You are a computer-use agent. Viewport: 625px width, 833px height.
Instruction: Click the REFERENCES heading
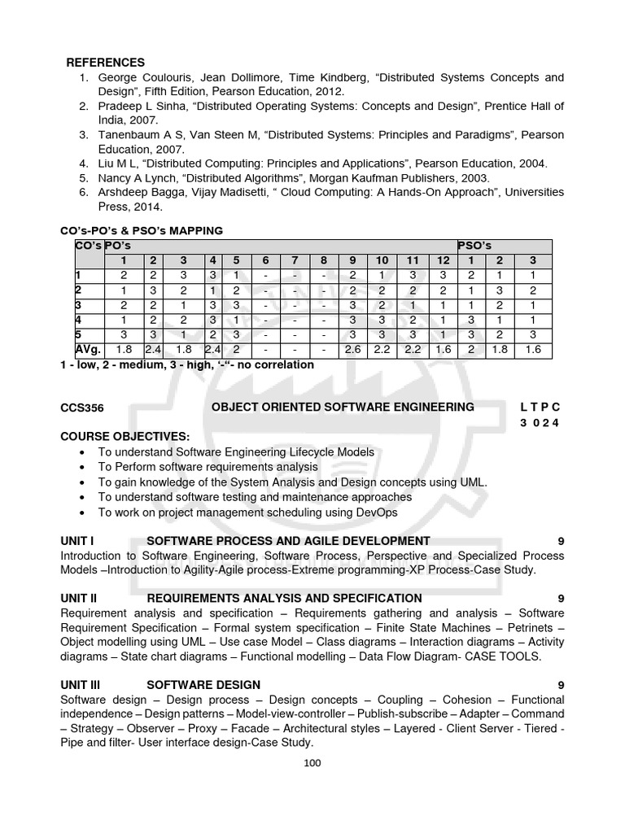(105, 62)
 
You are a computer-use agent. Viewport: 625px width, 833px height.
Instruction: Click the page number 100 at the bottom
(312, 762)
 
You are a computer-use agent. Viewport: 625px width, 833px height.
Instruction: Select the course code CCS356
(82, 407)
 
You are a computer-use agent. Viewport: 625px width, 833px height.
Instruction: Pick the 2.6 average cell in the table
(352, 349)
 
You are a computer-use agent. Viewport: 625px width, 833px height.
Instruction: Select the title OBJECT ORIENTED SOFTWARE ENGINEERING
(343, 407)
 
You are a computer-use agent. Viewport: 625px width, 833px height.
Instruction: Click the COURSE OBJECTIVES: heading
(125, 436)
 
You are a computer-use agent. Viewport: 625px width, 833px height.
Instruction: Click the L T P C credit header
(540, 407)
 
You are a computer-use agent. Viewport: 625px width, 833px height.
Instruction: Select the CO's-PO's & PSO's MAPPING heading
(142, 230)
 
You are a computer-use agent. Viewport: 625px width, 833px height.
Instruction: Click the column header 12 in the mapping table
(442, 260)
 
